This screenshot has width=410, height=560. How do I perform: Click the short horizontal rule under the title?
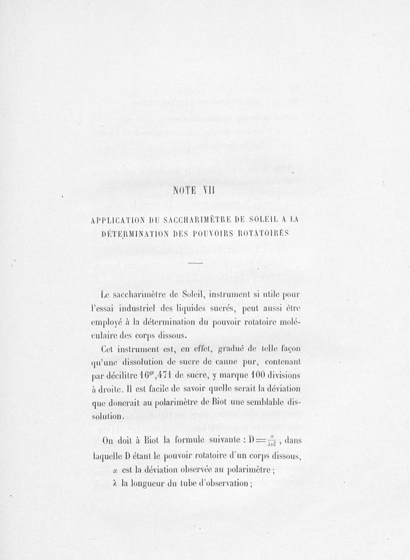point(196,264)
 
